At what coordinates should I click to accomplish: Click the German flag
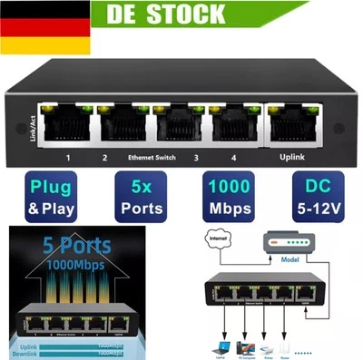tap(35, 33)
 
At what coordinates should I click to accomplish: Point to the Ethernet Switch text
tap(152, 158)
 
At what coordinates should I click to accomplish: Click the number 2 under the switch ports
tap(104, 159)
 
